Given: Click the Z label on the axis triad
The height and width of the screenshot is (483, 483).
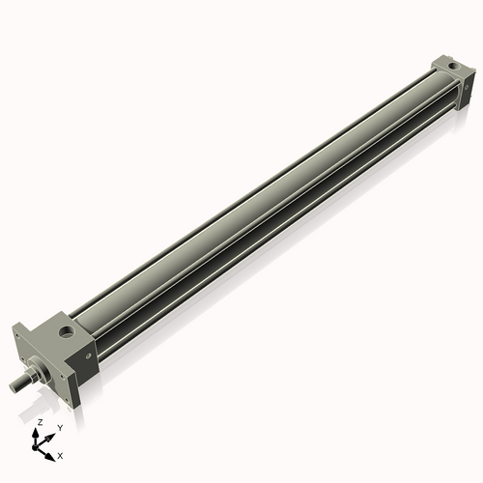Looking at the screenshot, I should coord(40,422).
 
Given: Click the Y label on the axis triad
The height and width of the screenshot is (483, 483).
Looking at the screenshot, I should coord(60,427).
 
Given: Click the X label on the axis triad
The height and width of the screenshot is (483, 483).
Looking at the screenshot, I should coord(60,454).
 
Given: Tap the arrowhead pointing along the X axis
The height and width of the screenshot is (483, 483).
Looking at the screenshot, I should coord(50,450).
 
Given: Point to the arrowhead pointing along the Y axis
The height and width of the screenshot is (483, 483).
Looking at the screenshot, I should coord(52,432).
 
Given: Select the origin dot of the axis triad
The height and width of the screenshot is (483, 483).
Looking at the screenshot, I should coord(39,445).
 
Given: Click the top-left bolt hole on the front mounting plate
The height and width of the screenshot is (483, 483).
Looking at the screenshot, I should coord(21,336).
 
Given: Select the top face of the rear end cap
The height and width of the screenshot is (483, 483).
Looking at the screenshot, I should coord(446,65).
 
